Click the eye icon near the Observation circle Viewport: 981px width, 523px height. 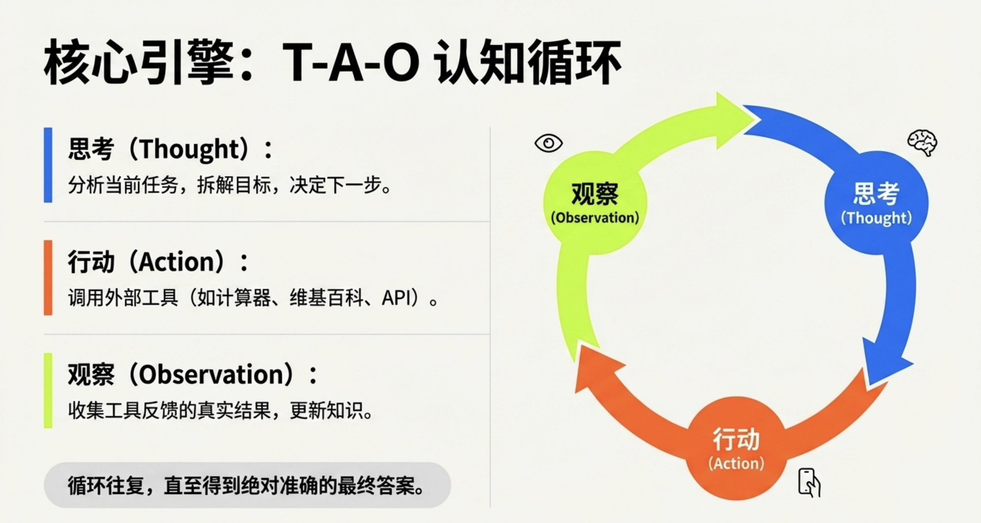click(x=549, y=143)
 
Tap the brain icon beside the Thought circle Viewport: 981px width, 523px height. click(x=922, y=143)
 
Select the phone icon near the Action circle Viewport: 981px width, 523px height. click(x=809, y=482)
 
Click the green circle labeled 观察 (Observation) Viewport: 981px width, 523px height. click(x=595, y=203)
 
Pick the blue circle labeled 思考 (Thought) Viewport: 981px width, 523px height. click(x=876, y=203)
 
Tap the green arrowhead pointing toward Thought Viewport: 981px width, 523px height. click(x=734, y=120)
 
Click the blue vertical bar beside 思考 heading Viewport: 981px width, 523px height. click(x=48, y=165)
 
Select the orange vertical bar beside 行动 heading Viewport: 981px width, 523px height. click(x=48, y=278)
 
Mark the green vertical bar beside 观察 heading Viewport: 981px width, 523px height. click(x=48, y=390)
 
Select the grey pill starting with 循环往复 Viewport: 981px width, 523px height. click(x=248, y=485)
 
